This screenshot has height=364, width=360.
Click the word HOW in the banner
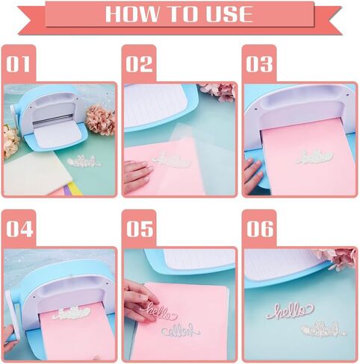131,13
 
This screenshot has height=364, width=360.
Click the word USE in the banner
229,13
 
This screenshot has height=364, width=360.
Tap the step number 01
19,64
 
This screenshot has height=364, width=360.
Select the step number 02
139,64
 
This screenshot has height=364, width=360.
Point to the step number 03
259,64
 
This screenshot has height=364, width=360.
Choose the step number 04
19,229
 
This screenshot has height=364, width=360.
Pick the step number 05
140,229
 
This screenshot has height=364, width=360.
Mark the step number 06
260,229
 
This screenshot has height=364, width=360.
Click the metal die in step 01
84,162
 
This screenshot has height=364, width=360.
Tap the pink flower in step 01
101,120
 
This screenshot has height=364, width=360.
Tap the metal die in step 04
72,313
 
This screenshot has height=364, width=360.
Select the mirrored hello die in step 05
181,330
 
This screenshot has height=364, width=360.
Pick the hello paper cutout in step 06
291,310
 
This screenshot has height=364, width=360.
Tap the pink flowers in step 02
218,92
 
